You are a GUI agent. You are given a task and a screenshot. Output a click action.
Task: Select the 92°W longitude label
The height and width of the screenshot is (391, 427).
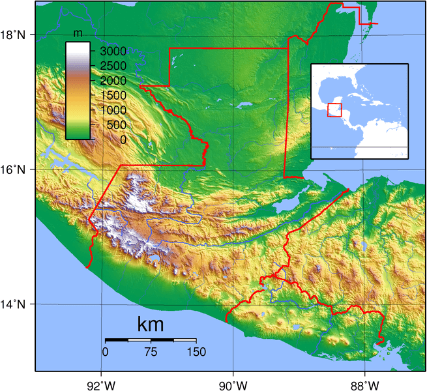(x=102, y=383)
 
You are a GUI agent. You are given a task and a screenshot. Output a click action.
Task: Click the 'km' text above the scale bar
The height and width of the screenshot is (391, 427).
(x=151, y=324)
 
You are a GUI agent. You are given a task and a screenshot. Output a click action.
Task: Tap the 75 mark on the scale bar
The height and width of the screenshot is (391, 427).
(x=151, y=352)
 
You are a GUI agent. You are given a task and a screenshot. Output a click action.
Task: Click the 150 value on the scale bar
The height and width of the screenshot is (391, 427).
(x=196, y=352)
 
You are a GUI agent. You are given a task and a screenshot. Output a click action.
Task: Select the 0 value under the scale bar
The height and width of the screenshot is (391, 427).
(x=106, y=352)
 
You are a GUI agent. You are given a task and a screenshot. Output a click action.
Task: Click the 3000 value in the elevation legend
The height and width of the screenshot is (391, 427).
(x=113, y=51)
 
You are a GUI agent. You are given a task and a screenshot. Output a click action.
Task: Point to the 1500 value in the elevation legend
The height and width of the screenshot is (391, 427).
(x=113, y=95)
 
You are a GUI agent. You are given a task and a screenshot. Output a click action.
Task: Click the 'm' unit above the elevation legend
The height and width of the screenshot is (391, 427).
(x=78, y=33)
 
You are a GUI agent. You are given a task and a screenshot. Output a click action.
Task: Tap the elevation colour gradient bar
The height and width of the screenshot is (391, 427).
(x=78, y=91)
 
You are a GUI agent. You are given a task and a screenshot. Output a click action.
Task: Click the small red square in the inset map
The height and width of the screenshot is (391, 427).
(x=334, y=110)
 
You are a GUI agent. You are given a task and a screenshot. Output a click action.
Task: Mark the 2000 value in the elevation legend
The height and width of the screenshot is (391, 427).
(x=113, y=81)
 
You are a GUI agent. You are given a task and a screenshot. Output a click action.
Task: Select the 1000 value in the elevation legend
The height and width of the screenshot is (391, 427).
(x=113, y=110)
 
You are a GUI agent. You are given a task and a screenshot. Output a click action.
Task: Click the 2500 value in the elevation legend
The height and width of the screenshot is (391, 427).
(x=113, y=66)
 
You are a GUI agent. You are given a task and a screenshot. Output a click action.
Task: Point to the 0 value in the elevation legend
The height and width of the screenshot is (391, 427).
(x=123, y=139)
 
